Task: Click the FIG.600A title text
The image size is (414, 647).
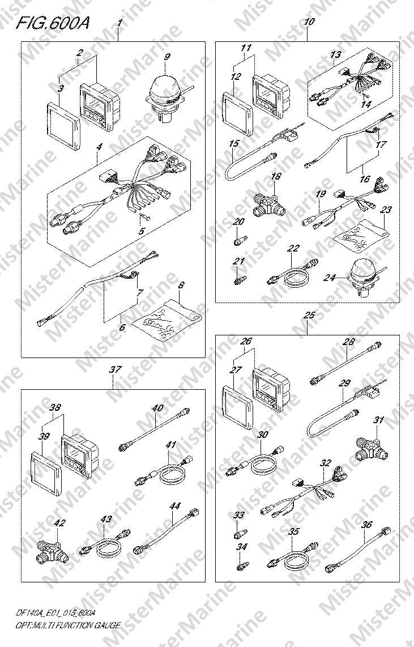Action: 52,24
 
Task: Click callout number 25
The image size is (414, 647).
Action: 309,316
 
